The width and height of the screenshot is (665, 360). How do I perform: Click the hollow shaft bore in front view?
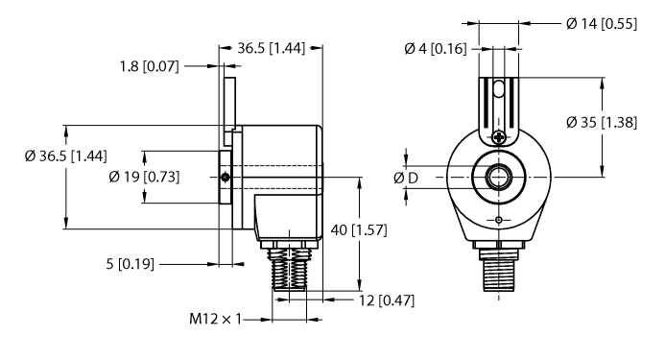498,178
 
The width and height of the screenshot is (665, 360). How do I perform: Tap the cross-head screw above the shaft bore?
498,138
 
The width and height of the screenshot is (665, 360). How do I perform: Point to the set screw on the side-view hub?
224,177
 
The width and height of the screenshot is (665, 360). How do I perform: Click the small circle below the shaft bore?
498,222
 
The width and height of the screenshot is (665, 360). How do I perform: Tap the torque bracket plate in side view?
230,106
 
